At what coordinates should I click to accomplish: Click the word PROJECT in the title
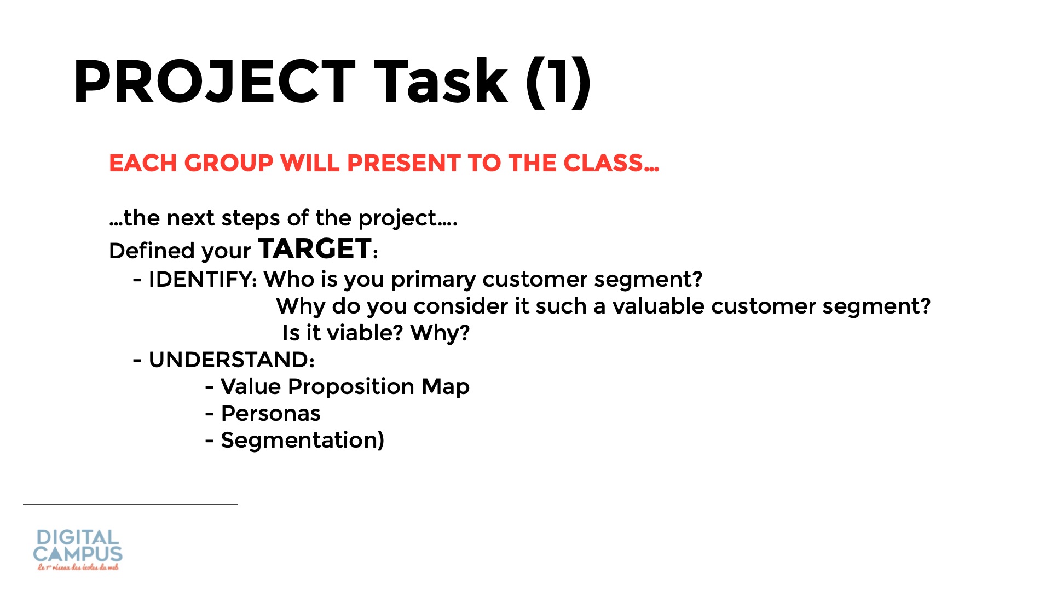pyautogui.click(x=215, y=82)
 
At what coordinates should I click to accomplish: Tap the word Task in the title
pyautogui.click(x=441, y=82)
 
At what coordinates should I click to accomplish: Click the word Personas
pyautogui.click(x=270, y=413)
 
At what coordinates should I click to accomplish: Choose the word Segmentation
pyautogui.click(x=298, y=441)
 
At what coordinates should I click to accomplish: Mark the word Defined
pyautogui.click(x=153, y=251)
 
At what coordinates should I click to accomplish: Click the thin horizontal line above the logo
pyautogui.click(x=130, y=504)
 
